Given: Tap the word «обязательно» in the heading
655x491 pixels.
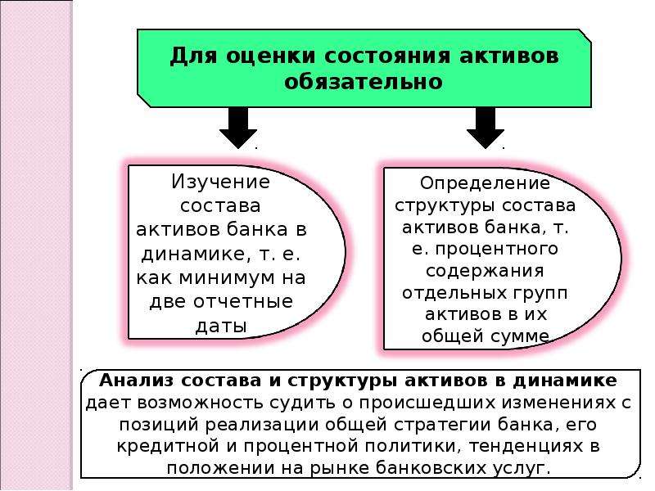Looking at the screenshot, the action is [x=363, y=81].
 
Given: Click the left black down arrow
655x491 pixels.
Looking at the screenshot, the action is [x=238, y=128].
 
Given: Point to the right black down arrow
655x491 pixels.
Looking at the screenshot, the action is [x=485, y=128].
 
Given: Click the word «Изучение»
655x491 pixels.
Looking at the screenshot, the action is [x=220, y=182].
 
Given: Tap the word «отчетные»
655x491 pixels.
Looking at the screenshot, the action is [x=243, y=301].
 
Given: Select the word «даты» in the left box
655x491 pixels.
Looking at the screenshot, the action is [x=221, y=326].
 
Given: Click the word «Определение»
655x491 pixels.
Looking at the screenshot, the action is [x=485, y=183].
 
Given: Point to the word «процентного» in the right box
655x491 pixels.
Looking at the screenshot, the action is [x=497, y=250].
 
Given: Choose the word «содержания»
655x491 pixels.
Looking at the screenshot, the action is [x=485, y=271].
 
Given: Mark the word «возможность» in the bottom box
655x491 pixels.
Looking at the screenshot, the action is [x=200, y=403].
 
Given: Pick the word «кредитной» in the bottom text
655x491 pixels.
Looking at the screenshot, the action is [x=168, y=446].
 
